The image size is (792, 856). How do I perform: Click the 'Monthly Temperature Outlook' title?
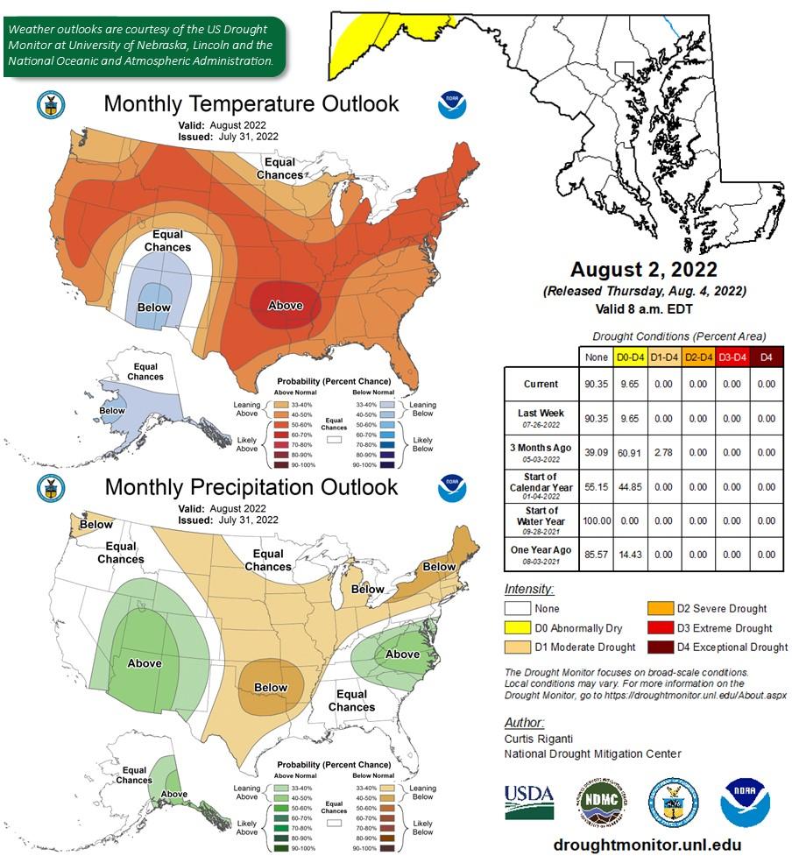(251, 104)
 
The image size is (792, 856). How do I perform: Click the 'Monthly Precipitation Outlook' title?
(251, 487)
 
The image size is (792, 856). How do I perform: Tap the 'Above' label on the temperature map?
(285, 305)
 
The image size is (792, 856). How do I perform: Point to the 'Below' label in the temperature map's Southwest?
(154, 308)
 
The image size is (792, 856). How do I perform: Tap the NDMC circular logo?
(600, 803)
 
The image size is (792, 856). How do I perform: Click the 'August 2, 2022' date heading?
(644, 269)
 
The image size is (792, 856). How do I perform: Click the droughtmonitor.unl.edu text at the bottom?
(645, 844)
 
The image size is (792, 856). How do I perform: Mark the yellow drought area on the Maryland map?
(359, 40)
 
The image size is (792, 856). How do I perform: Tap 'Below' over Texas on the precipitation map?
(270, 688)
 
